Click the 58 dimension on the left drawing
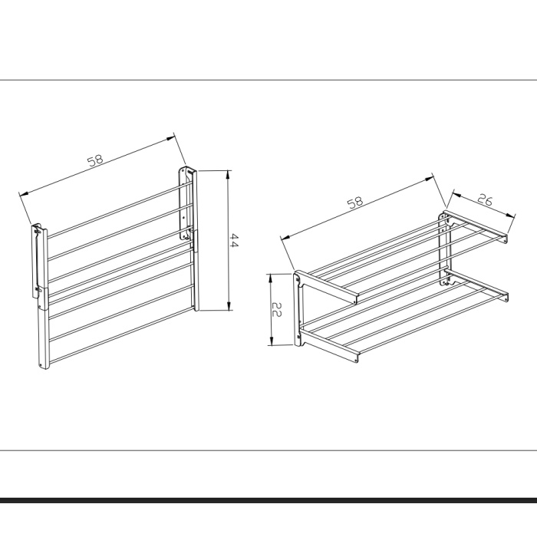[95, 160]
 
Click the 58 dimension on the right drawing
[355, 203]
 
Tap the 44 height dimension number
[234, 240]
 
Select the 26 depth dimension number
[485, 199]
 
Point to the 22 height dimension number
[276, 309]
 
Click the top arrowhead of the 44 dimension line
[229, 175]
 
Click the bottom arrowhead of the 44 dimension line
[229, 306]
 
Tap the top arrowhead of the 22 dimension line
[271, 278]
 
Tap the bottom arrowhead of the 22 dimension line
[271, 341]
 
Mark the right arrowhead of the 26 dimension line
[511, 215]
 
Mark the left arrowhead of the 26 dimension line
[456, 194]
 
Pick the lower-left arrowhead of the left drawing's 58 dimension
[24, 194]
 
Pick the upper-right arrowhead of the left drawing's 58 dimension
[171, 138]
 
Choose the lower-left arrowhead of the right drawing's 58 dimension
[285, 236]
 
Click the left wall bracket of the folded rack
[41, 296]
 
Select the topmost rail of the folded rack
[114, 210]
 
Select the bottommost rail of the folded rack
[121, 334]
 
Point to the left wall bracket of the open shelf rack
[298, 309]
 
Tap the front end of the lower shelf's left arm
[357, 357]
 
